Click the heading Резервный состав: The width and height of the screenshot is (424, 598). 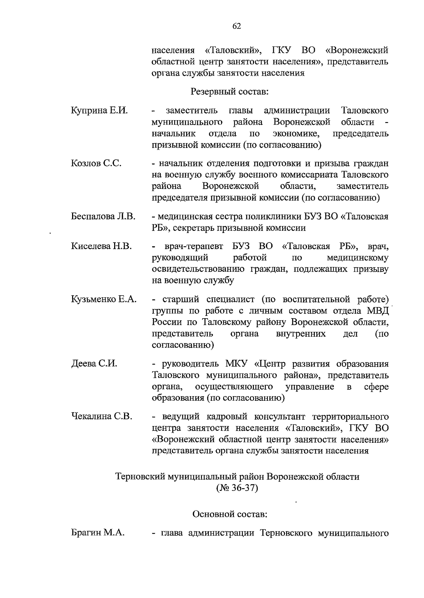pos(230,92)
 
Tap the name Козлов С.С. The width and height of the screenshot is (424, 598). pos(96,163)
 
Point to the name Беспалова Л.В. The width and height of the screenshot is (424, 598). pos(104,216)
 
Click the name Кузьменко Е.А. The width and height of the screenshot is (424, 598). pos(104,299)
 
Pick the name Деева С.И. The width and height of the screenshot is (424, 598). pos(94,364)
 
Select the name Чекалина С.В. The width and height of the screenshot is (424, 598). pos(102,416)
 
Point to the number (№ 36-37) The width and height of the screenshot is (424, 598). pos(237,488)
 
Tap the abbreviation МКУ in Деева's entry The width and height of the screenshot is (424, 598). pos(238,364)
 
